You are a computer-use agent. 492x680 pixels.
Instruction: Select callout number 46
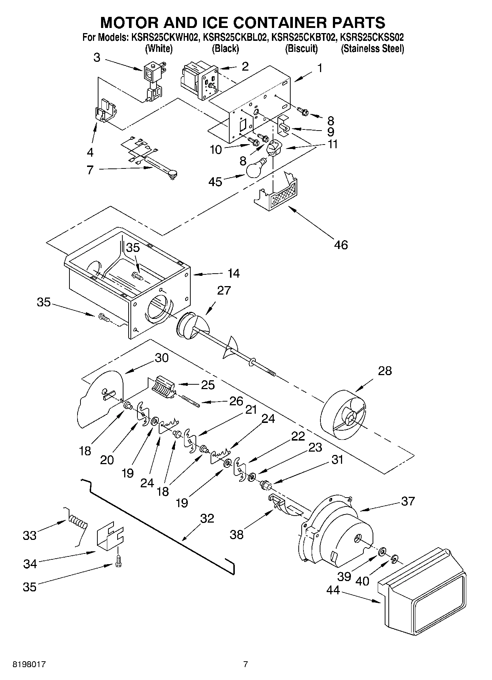(341, 245)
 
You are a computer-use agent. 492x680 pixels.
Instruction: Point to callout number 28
(385, 371)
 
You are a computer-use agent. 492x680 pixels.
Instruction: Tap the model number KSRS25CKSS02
(372, 38)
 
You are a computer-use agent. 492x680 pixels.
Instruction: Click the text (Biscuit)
(301, 49)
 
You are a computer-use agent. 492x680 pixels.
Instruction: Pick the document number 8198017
(29, 664)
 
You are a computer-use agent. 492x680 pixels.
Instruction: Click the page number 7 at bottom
(245, 664)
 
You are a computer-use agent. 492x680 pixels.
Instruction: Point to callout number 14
(233, 273)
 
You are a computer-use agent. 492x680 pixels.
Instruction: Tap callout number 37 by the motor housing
(408, 501)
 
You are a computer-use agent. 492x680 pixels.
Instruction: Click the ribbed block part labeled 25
(162, 387)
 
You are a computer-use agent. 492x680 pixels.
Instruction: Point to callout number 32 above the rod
(207, 518)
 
